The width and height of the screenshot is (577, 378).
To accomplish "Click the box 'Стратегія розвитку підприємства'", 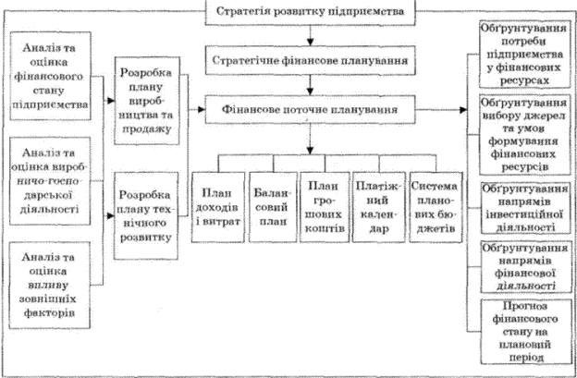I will pyautogui.click(x=309, y=12).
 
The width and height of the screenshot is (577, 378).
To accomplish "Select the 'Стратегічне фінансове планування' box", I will pyautogui.click(x=309, y=63).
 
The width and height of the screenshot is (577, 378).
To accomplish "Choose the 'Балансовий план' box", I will pyautogui.click(x=269, y=205).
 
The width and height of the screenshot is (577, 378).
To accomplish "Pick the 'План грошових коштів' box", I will pyautogui.click(x=324, y=205).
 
